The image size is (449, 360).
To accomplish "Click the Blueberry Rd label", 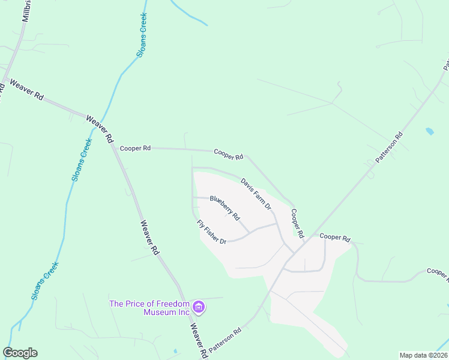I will pos(225,208).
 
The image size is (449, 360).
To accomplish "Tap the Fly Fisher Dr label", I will pos(211,232).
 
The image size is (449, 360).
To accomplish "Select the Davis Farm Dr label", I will pos(256,193).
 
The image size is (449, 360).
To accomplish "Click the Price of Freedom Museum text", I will pos(149,307).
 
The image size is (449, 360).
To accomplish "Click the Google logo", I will pos(20,353).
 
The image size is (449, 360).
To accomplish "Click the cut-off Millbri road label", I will pos(26,11).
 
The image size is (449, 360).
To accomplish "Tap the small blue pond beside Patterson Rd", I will pos(429,131).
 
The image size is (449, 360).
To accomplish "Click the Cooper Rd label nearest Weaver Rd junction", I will pos(134,148).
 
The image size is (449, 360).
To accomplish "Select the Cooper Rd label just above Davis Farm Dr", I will pos(228,154).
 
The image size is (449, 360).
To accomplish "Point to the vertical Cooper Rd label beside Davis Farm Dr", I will pos(297,222).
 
